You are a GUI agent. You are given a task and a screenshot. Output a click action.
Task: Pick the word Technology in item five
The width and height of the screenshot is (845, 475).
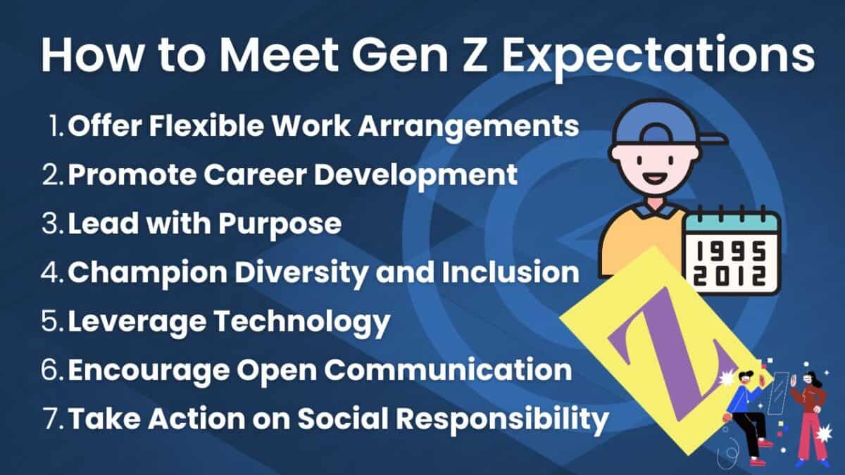302,321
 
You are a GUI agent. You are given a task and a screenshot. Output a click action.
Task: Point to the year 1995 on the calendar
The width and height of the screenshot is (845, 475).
732,250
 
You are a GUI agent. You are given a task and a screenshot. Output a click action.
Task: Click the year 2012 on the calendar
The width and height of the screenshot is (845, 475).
732,277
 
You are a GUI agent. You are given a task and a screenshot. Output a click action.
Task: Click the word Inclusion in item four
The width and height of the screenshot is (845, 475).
508,272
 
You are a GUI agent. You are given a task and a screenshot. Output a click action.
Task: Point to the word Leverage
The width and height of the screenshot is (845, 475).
134,321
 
